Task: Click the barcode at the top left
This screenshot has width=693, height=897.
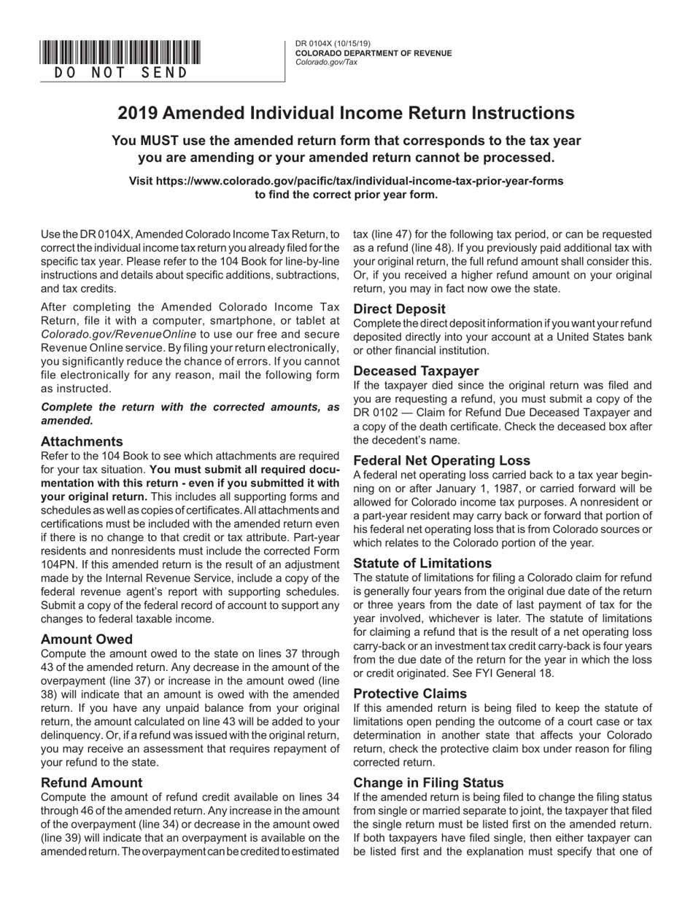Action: tap(120, 53)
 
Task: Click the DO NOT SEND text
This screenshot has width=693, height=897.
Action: tap(120, 72)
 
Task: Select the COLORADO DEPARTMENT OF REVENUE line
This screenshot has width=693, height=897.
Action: tap(373, 53)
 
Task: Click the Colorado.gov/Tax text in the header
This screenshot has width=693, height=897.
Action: tap(326, 62)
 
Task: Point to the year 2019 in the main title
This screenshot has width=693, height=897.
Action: tap(137, 113)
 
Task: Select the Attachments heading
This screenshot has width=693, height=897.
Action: tap(82, 441)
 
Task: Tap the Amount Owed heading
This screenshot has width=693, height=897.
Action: tap(87, 640)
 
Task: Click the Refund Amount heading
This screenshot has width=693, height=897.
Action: tap(92, 783)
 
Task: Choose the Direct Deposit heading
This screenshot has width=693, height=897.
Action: tap(399, 308)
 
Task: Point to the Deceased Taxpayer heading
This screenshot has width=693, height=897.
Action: tap(416, 370)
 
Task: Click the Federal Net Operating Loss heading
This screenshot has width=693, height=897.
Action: tap(441, 460)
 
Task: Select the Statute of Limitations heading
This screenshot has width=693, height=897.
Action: tap(422, 563)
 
